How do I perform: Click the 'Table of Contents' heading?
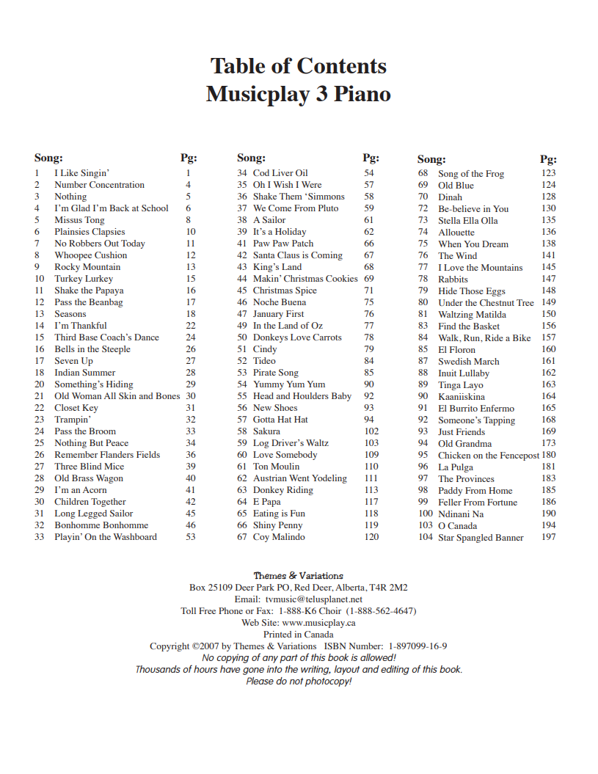click(x=298, y=66)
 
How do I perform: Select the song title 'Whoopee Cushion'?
click(x=90, y=255)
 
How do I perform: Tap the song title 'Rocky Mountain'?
click(x=87, y=267)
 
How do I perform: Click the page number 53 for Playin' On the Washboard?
click(x=190, y=537)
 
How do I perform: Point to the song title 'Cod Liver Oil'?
click(x=280, y=173)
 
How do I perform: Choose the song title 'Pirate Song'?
click(x=276, y=373)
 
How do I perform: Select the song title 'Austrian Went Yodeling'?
click(x=299, y=478)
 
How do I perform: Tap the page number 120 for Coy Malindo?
click(x=371, y=537)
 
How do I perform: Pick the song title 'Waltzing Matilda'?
click(x=472, y=315)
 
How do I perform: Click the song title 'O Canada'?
click(x=457, y=526)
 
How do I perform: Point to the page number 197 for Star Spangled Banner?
click(x=549, y=538)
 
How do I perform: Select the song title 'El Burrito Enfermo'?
click(x=476, y=409)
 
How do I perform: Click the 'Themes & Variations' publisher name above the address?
click(x=298, y=576)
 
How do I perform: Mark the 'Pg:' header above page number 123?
click(x=548, y=159)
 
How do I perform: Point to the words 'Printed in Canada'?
click(x=298, y=635)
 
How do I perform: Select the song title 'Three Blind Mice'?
click(x=89, y=467)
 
